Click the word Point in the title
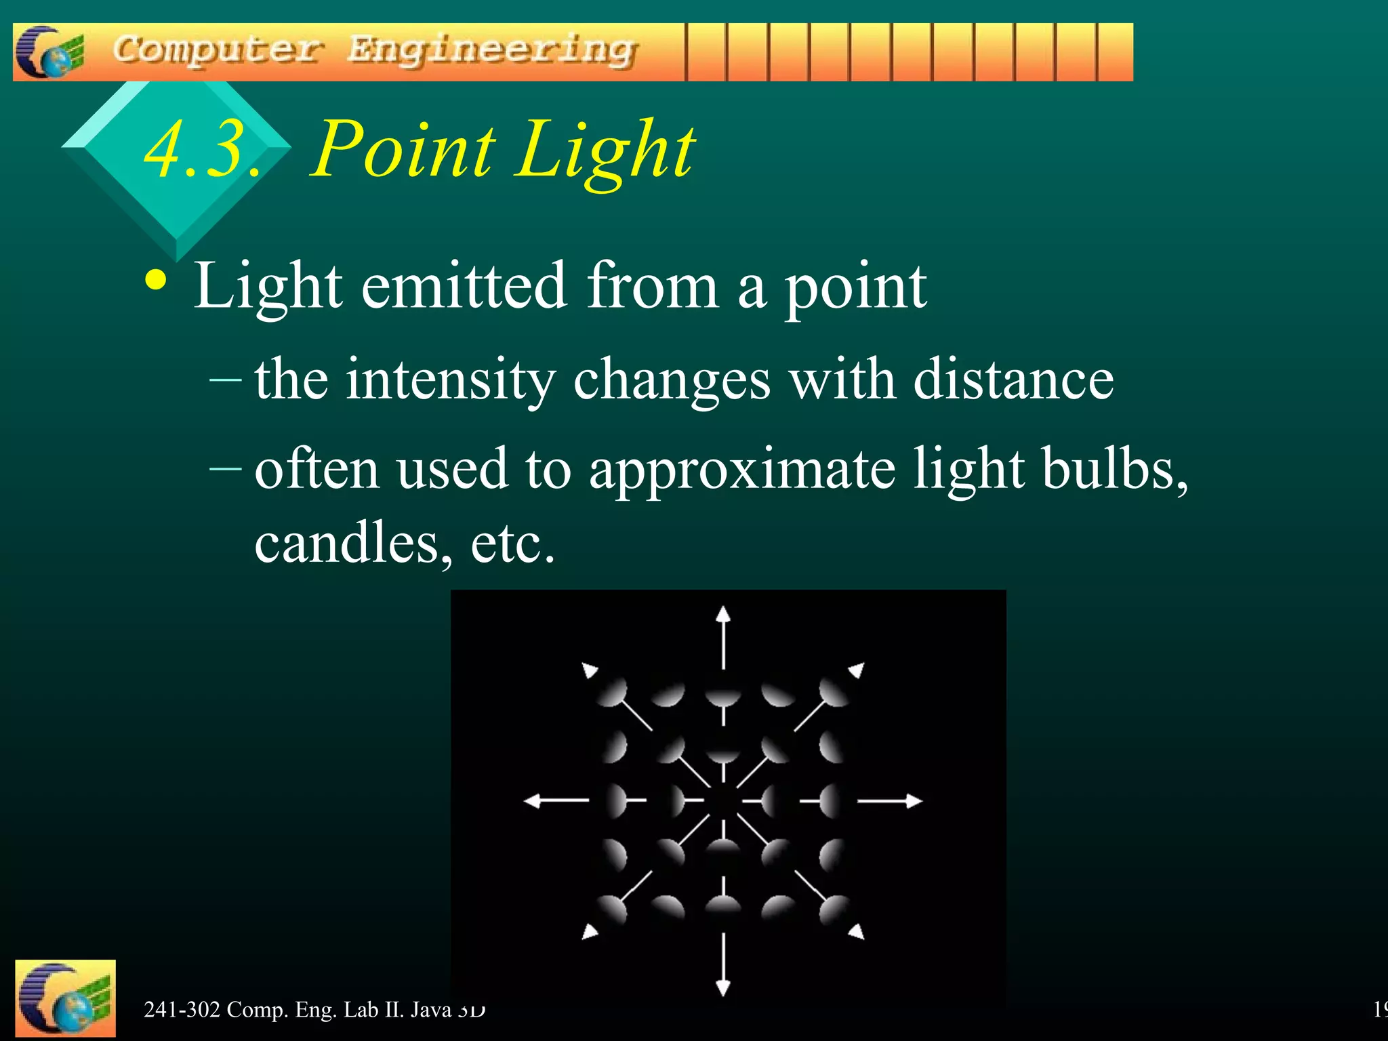(404, 150)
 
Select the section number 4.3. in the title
(202, 150)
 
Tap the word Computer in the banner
(218, 51)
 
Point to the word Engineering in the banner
(492, 51)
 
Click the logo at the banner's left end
(49, 52)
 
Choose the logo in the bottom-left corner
(65, 998)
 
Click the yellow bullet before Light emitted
(157, 281)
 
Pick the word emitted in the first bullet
(464, 287)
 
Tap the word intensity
(451, 380)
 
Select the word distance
(1013, 380)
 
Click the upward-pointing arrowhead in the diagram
(723, 613)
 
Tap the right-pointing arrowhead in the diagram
(914, 801)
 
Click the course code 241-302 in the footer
(182, 1010)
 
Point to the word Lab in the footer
(361, 1010)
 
